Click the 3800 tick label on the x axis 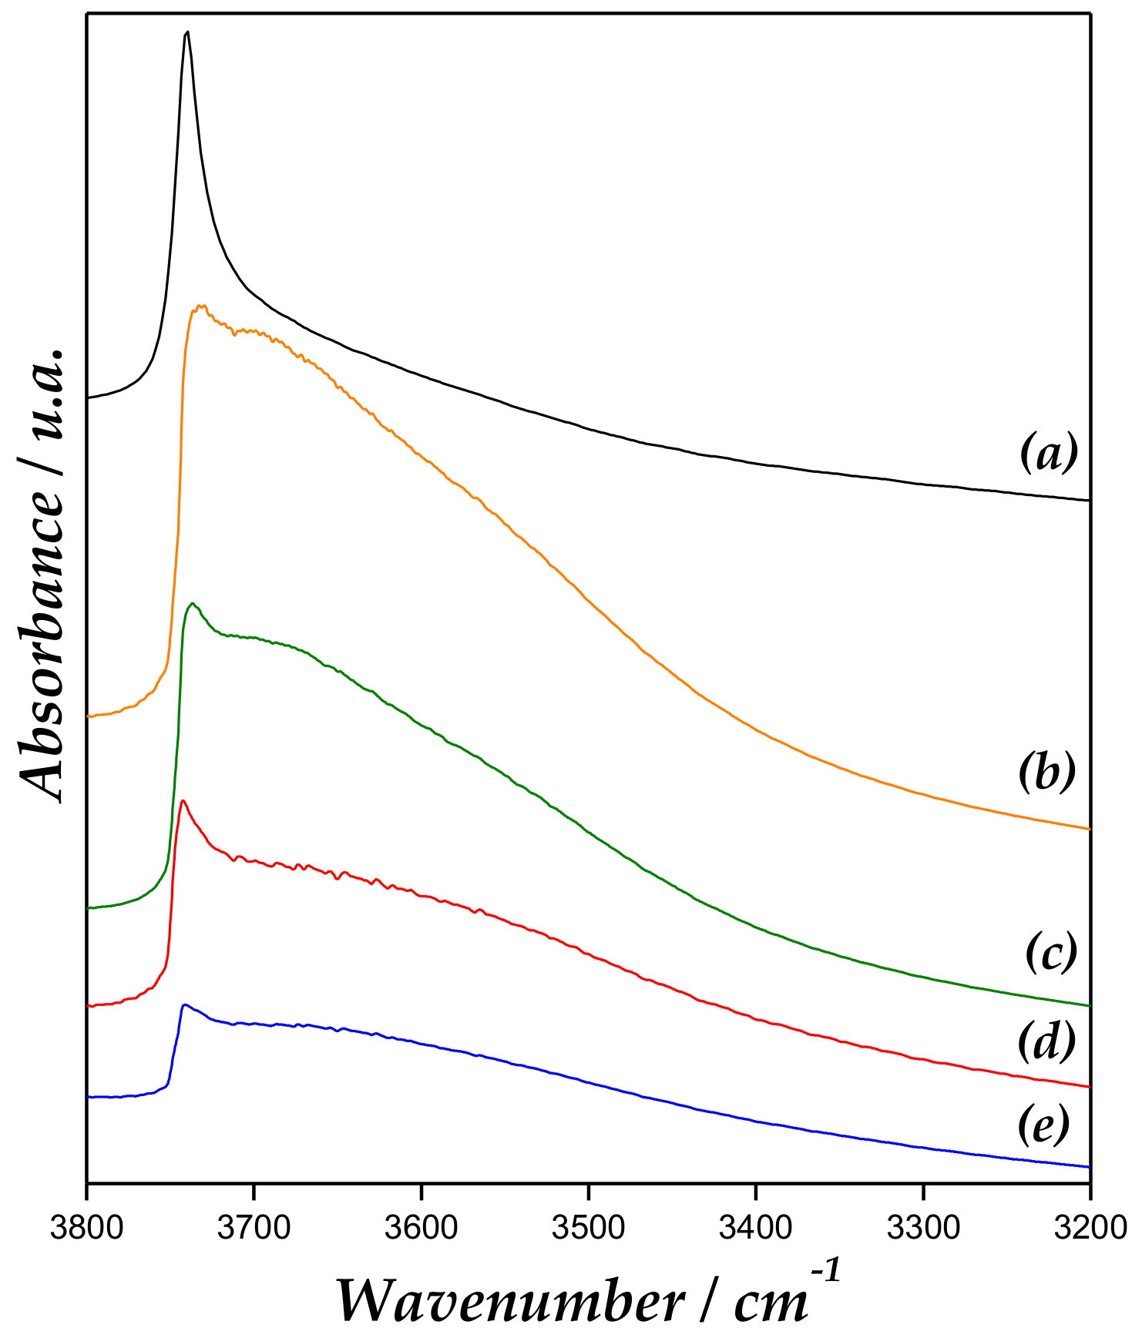coord(86,1227)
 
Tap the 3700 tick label coord(254,1227)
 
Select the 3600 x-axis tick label coord(421,1227)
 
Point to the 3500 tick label coord(588,1227)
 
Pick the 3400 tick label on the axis coord(755,1227)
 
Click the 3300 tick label coord(922,1227)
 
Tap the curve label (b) coord(1046,773)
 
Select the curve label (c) coord(1050,953)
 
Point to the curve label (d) coord(1046,1041)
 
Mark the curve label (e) coord(1044,1126)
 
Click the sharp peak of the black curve coord(186,32)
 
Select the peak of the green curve coord(192,603)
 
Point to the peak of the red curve coord(183,801)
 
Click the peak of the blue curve coord(184,1004)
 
